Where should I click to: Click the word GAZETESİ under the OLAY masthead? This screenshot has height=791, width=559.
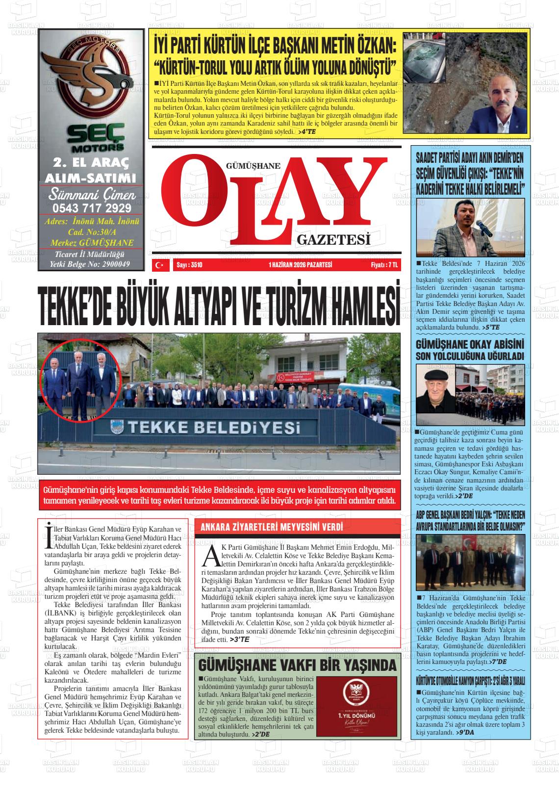coord(333,239)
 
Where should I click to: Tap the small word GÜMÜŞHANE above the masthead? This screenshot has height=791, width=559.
coord(253,166)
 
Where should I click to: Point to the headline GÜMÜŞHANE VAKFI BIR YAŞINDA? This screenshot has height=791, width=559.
coord(297,665)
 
